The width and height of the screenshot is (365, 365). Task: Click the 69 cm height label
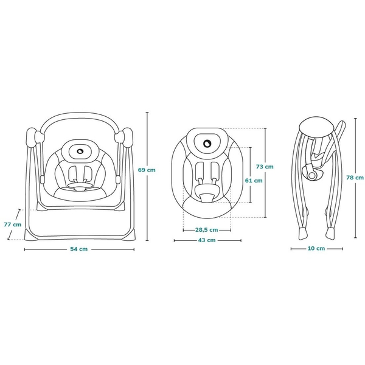[147, 170]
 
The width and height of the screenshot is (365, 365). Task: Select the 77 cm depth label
[13, 224]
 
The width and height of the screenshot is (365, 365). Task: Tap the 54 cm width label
[79, 249]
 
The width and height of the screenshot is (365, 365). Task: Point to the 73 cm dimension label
[265, 167]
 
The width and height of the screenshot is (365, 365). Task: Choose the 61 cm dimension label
[254, 181]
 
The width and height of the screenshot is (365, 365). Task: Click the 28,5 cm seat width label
[207, 230]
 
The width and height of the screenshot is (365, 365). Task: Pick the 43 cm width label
[207, 240]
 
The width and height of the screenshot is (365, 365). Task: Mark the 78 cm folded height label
[355, 178]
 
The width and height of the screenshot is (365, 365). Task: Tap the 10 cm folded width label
[316, 248]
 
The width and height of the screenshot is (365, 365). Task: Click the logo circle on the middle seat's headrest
[206, 144]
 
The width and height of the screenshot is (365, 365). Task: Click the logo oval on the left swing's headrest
[80, 151]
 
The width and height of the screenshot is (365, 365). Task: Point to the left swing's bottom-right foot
[129, 234]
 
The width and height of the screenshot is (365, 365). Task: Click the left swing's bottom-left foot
[30, 234]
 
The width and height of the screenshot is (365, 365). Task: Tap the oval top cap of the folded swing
[316, 128]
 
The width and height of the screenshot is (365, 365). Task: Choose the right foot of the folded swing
[330, 234]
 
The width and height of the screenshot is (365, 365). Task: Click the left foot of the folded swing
[302, 234]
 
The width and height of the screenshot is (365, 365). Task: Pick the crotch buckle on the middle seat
[206, 198]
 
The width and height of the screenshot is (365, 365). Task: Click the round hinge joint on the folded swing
[311, 175]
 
